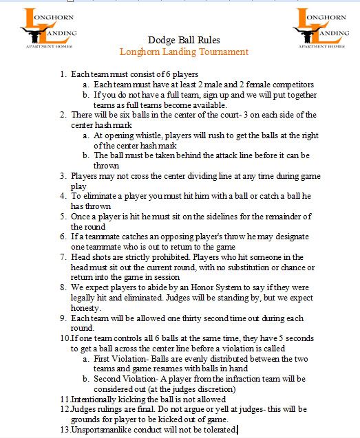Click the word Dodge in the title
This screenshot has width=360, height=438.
pyautogui.click(x=161, y=40)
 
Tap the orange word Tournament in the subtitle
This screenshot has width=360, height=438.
pyautogui.click(x=223, y=52)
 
